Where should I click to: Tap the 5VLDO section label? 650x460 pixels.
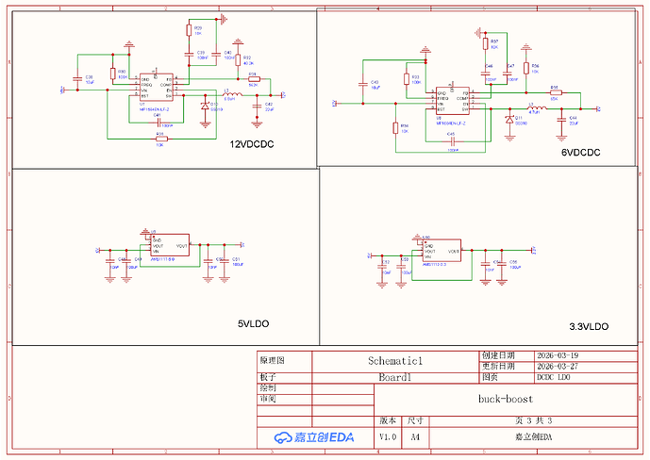pyautogui.click(x=253, y=323)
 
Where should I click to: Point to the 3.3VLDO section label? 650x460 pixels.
pyautogui.click(x=582, y=326)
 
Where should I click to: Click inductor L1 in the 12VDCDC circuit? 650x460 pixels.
pyautogui.click(x=230, y=95)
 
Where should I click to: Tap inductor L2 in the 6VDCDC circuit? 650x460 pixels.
pyautogui.click(x=534, y=109)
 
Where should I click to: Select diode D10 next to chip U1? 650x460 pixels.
pyautogui.click(x=205, y=107)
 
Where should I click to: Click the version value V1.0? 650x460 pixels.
pyautogui.click(x=388, y=437)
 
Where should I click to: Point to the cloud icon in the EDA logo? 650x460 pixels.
pyautogui.click(x=282, y=437)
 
